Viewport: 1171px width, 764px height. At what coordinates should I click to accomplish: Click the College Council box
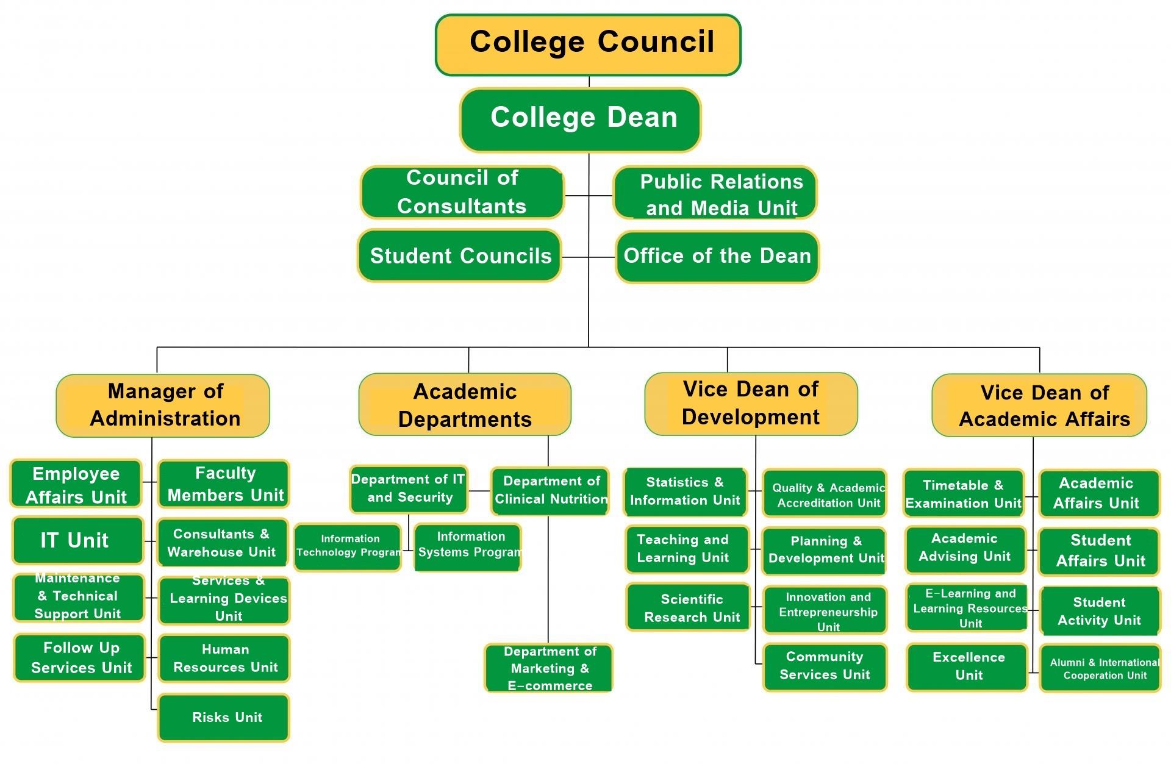click(588, 45)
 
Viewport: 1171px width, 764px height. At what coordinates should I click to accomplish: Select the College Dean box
click(580, 120)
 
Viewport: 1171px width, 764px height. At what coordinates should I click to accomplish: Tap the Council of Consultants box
click(462, 192)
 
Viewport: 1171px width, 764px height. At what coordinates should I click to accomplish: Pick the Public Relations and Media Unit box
click(715, 193)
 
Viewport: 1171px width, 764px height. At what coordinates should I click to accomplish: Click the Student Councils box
click(459, 255)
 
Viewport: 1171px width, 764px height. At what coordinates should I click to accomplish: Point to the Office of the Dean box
click(717, 256)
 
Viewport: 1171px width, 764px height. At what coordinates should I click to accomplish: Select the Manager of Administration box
click(163, 405)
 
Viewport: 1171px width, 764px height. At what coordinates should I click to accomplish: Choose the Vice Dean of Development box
click(751, 404)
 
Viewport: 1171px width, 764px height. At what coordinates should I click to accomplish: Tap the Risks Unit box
click(224, 717)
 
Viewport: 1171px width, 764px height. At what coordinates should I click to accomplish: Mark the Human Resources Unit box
click(224, 658)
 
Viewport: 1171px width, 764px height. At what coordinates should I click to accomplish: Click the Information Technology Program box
click(348, 547)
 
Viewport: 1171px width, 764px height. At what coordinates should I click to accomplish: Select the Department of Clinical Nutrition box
click(550, 491)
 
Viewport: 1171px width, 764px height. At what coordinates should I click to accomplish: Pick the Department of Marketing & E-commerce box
click(548, 668)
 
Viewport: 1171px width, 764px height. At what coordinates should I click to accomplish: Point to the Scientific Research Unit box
click(687, 607)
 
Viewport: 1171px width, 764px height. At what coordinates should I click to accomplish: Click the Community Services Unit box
click(825, 666)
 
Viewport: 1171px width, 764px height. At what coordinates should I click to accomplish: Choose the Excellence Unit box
click(967, 666)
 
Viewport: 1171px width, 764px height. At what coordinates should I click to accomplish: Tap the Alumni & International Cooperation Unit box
click(1100, 668)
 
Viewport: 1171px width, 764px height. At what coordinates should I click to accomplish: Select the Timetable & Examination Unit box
click(964, 494)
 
